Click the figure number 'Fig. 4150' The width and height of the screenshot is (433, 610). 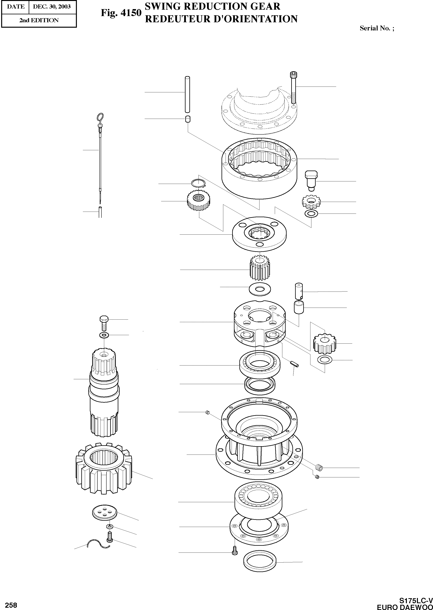click(x=121, y=13)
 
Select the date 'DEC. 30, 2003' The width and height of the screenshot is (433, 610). click(x=52, y=6)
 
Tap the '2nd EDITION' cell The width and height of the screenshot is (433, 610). click(x=39, y=20)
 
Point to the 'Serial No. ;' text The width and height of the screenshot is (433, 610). click(x=377, y=28)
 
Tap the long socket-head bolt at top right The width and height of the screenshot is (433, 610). click(x=294, y=88)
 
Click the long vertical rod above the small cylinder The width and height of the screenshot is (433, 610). click(x=187, y=95)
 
